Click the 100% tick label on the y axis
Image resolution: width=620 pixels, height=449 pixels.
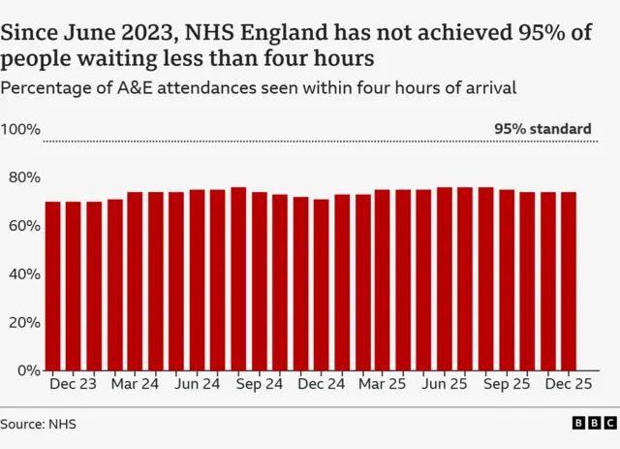click(20, 130)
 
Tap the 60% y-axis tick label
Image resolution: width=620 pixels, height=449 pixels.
click(20, 226)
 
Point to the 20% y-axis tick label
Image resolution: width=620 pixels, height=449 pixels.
click(20, 322)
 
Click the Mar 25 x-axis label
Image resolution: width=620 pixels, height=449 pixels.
click(383, 384)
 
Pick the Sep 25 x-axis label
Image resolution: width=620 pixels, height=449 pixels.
click(507, 384)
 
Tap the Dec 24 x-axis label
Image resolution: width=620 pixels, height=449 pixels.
click(321, 384)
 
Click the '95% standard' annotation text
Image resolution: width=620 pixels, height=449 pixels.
click(542, 129)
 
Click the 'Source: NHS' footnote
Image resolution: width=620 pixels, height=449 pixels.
click(38, 424)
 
